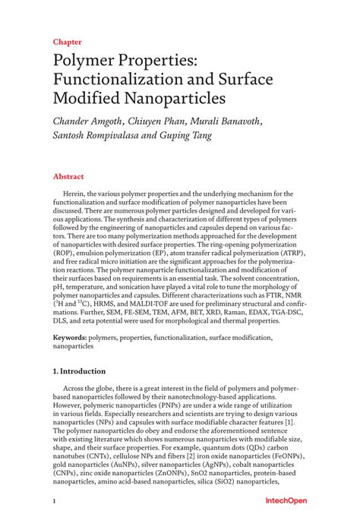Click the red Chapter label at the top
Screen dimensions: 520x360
point(67,43)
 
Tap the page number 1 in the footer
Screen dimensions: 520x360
point(54,502)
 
